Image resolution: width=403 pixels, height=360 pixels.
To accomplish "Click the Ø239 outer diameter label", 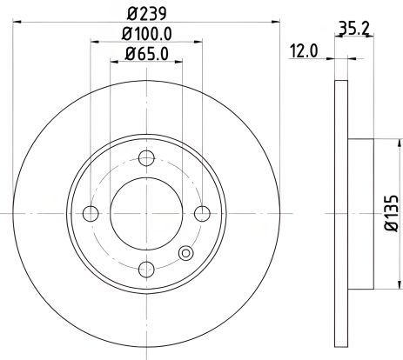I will point(146,12).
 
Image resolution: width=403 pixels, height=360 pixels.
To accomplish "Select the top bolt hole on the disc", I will point(146,158).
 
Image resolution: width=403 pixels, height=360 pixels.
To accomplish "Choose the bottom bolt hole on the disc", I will point(146,270).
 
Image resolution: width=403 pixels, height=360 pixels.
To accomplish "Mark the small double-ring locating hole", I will point(184,253).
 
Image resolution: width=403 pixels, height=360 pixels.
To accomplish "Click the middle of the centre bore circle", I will point(146,214).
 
